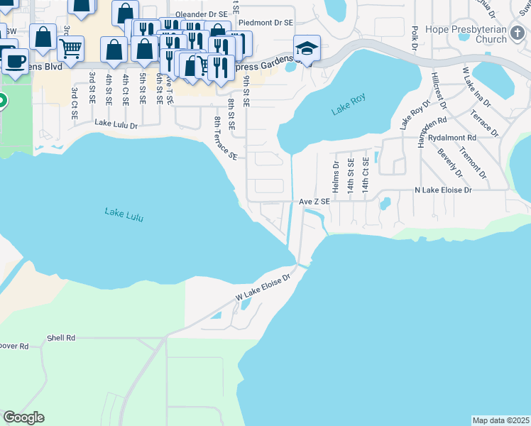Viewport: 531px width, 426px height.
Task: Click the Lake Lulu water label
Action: point(124,214)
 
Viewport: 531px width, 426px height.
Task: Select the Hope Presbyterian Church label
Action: point(466,35)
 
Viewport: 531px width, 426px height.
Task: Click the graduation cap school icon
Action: point(307,48)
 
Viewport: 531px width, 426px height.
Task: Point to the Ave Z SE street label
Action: point(314,202)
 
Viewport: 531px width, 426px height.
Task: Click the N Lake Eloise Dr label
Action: point(443,190)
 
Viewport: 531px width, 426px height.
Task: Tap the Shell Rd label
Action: point(61,338)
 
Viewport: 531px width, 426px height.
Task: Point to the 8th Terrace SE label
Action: point(224,139)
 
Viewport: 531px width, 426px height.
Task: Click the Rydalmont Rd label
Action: point(451,137)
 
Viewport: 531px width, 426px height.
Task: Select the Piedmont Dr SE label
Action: point(265,23)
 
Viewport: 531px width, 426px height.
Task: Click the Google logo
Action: point(23,417)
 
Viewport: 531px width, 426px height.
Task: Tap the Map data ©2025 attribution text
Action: point(500,420)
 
